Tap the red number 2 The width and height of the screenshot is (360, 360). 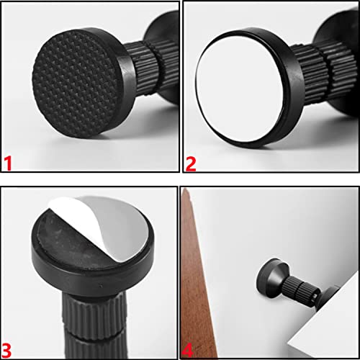[191, 164]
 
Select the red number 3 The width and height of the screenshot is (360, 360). [6, 350]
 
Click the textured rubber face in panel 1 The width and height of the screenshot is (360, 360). [76, 84]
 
